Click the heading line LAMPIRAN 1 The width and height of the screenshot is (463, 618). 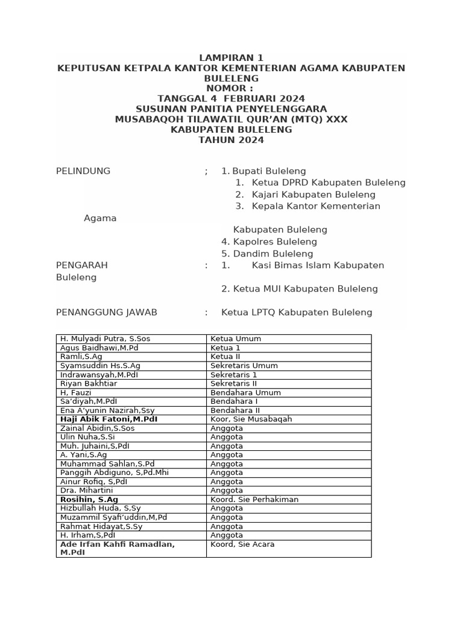pyautogui.click(x=231, y=58)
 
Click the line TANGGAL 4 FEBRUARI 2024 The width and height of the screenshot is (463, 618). pyautogui.click(x=231, y=98)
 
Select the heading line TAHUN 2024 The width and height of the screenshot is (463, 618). pyautogui.click(x=231, y=140)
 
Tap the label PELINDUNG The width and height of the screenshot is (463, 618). pyautogui.click(x=83, y=171)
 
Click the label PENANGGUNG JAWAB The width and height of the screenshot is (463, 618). pyautogui.click(x=107, y=312)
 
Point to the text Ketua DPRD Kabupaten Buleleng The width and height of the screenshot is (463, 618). pyautogui.click(x=329, y=182)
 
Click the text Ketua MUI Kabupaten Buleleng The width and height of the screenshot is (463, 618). pyautogui.click(x=300, y=288)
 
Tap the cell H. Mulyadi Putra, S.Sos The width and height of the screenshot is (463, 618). pyautogui.click(x=106, y=339)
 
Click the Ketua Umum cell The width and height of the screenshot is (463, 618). pyautogui.click(x=236, y=339)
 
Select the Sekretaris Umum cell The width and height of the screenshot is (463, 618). pyautogui.click(x=244, y=366)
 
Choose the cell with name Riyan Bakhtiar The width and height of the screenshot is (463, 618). pyautogui.click(x=89, y=383)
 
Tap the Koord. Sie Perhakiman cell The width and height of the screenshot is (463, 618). pyautogui.click(x=254, y=499)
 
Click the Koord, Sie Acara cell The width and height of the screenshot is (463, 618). pyautogui.click(x=242, y=544)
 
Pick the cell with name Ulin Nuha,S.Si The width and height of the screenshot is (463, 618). pyautogui.click(x=88, y=437)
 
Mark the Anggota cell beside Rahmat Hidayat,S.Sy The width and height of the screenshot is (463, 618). pyautogui.click(x=227, y=526)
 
